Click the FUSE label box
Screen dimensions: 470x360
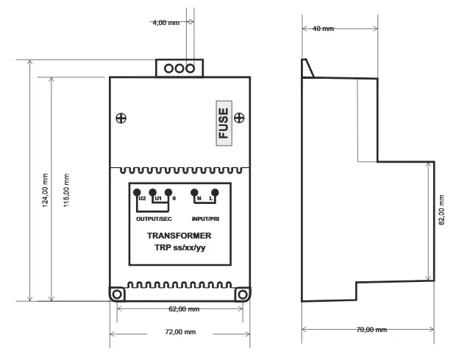[224, 123]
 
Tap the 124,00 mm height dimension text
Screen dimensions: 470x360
[45, 190]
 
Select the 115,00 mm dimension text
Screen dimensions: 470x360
[66, 190]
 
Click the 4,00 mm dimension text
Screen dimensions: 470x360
[165, 23]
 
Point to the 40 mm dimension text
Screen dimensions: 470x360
[323, 29]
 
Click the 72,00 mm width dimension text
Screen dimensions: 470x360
[180, 332]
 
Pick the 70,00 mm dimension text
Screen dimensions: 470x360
[371, 330]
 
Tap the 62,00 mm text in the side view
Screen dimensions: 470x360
[441, 210]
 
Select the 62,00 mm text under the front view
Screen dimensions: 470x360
[184, 309]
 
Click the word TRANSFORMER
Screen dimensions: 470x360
[179, 236]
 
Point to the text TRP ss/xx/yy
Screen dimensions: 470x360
[180, 247]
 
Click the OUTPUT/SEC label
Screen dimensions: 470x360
[154, 219]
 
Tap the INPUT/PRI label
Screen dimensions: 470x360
[206, 219]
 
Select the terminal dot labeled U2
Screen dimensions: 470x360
[137, 192]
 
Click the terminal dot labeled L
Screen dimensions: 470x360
[215, 192]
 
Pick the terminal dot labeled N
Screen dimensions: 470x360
[194, 192]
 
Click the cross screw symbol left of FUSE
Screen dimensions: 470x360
[121, 119]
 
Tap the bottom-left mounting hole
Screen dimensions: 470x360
[117, 294]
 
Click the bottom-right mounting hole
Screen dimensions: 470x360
[242, 294]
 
